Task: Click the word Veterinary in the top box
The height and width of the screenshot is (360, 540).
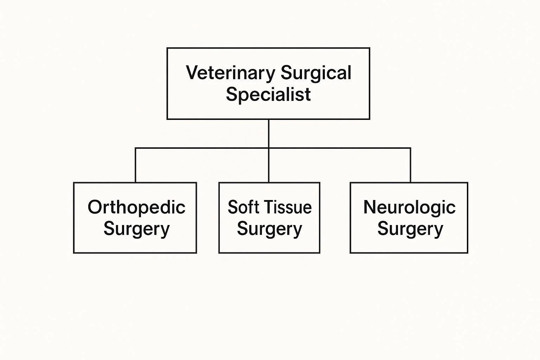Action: click(x=230, y=73)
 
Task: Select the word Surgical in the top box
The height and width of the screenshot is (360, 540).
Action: click(x=316, y=73)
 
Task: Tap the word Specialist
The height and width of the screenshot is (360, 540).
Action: click(x=268, y=94)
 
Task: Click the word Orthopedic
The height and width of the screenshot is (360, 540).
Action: click(x=136, y=207)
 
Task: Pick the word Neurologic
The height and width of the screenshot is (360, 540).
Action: click(x=409, y=207)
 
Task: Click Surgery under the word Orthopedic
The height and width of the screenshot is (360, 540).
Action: click(x=136, y=229)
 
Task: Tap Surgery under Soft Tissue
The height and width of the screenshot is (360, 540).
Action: click(x=269, y=229)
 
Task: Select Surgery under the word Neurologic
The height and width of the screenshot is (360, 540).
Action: click(x=410, y=229)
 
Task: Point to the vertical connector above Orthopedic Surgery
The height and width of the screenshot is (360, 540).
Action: click(x=136, y=165)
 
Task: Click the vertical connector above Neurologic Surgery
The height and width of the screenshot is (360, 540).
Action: click(x=410, y=165)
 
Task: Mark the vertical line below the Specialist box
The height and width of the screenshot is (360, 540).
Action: click(x=269, y=134)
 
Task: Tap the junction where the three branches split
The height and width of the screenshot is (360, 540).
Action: click(x=269, y=148)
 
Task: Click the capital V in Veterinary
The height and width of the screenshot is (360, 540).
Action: click(x=191, y=73)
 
